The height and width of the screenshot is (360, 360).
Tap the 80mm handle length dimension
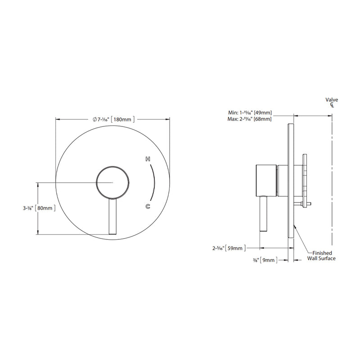click(x=46, y=208)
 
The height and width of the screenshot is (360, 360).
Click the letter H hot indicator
click(x=147, y=160)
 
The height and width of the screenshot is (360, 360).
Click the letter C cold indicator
click(x=148, y=206)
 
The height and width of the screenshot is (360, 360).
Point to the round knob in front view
click(x=113, y=182)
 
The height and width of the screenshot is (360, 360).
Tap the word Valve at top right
click(x=332, y=100)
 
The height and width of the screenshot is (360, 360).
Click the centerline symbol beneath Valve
click(x=332, y=105)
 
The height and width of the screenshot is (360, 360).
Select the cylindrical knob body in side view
click(x=266, y=180)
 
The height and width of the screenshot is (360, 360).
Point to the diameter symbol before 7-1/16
click(x=94, y=119)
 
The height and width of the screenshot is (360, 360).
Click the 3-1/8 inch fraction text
click(x=27, y=208)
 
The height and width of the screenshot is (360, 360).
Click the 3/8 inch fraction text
click(x=255, y=260)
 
